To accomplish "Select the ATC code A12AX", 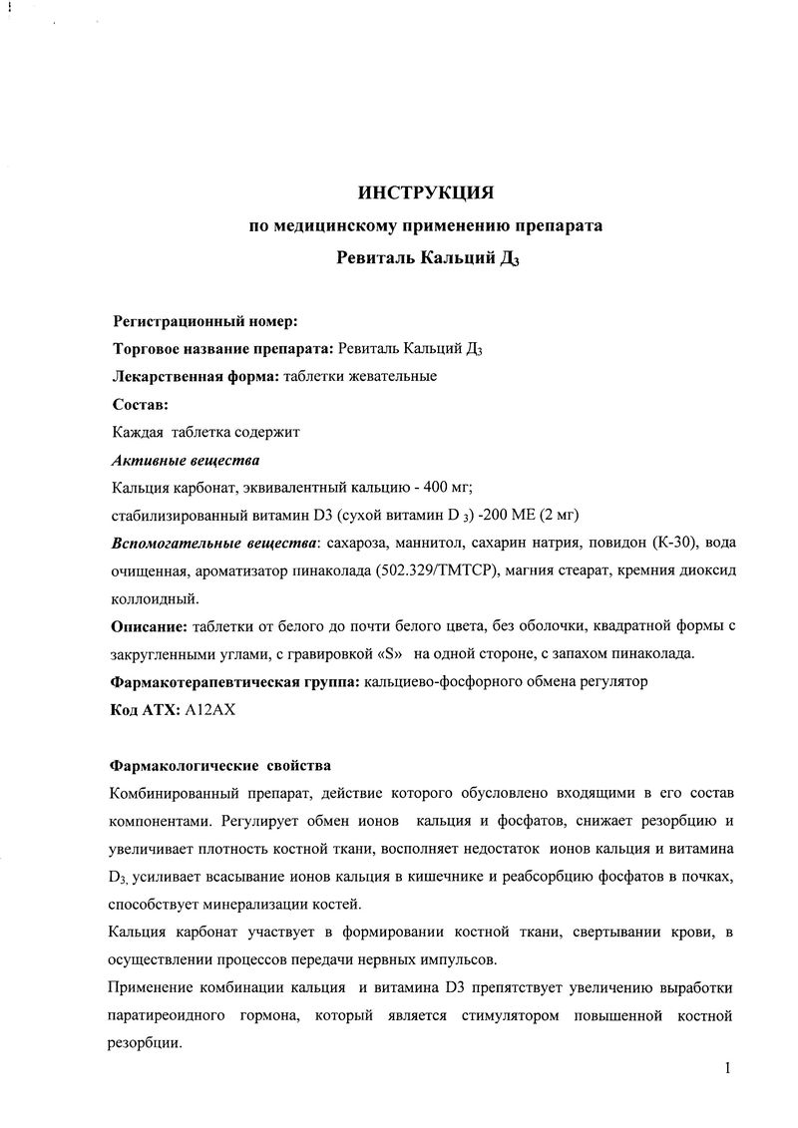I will [x=206, y=710].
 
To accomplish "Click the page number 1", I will [x=729, y=1069].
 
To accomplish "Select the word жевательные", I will [x=389, y=377].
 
